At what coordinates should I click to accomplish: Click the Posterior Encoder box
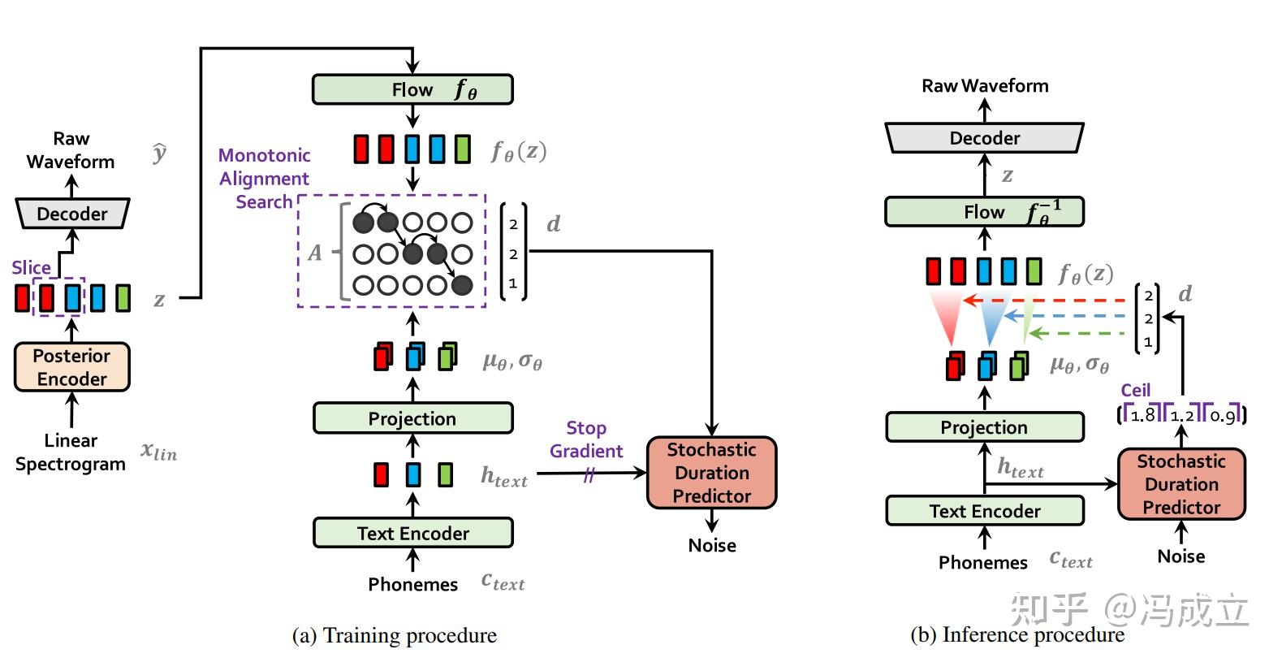pos(71,367)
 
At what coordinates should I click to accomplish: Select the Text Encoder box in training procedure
pos(412,533)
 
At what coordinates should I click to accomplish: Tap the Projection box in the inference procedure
pos(984,427)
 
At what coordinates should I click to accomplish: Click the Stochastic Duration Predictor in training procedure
pos(711,473)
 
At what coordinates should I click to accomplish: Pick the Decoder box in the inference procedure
pos(984,138)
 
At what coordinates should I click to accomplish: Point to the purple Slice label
pos(31,267)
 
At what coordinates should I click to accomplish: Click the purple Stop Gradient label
pos(585,439)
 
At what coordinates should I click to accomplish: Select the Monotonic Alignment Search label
pos(264,179)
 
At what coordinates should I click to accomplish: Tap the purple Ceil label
pos(1135,390)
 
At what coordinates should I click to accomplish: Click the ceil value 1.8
pos(1142,415)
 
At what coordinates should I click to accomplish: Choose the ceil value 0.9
pos(1222,415)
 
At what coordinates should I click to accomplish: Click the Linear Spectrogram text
pos(71,452)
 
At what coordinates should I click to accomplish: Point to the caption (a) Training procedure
pos(395,635)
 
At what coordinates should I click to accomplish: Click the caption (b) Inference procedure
pos(1017,635)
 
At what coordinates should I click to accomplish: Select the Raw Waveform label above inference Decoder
pos(985,85)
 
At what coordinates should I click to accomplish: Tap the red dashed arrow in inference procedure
pos(1047,301)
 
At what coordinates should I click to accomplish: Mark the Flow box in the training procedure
pos(412,89)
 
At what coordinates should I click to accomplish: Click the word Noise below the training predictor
pos(712,545)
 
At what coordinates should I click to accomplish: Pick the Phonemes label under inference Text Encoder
pos(982,562)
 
